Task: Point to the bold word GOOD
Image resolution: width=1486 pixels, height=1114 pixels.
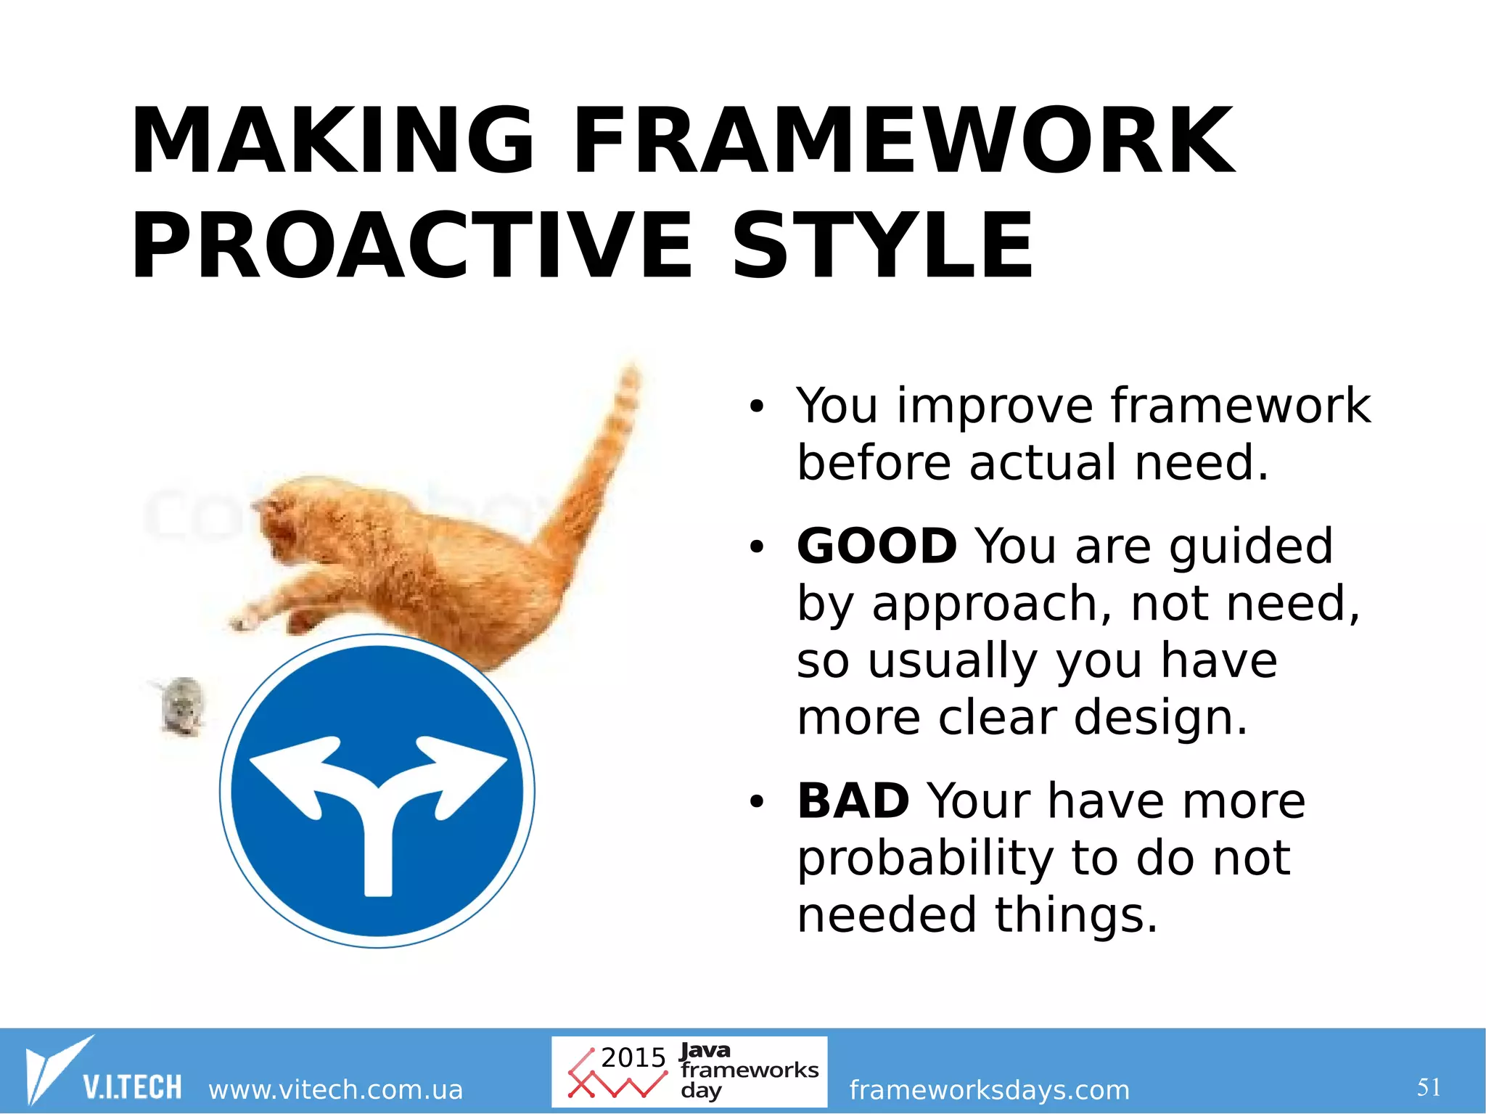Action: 877,546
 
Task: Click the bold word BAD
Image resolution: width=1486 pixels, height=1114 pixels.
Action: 853,800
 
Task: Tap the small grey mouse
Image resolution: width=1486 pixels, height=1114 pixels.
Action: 182,705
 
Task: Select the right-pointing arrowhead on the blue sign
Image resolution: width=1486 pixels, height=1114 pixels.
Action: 468,769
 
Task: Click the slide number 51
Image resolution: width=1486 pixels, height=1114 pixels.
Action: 1429,1086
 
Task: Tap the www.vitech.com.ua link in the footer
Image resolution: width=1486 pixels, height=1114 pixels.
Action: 335,1089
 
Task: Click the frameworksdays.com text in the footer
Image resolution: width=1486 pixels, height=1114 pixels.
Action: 989,1089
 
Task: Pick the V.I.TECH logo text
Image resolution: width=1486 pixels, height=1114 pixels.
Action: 132,1087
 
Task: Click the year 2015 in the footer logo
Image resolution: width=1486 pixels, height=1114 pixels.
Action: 633,1057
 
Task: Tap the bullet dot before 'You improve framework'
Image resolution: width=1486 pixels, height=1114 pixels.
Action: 757,408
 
